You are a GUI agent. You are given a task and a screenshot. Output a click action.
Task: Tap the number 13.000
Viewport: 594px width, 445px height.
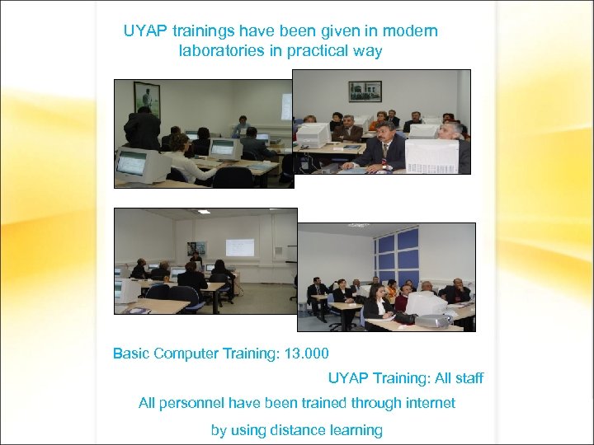[x=306, y=354]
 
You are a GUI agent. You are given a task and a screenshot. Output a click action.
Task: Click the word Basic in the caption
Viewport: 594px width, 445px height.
[x=131, y=354]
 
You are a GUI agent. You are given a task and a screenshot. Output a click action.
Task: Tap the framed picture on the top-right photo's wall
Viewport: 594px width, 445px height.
[x=364, y=91]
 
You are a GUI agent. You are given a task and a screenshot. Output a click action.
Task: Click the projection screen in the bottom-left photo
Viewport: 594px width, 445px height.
[x=240, y=247]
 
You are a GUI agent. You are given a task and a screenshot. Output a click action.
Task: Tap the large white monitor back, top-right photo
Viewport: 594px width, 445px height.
[x=431, y=155]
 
